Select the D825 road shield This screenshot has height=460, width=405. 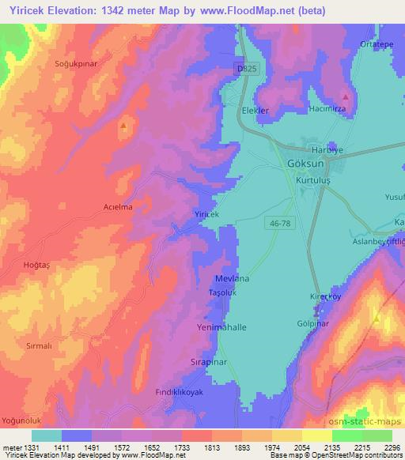pyautogui.click(x=246, y=69)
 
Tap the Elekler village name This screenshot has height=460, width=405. pyautogui.click(x=255, y=111)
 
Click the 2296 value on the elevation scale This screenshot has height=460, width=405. pyautogui.click(x=391, y=447)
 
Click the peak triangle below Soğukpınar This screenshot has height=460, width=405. pyautogui.click(x=122, y=125)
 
